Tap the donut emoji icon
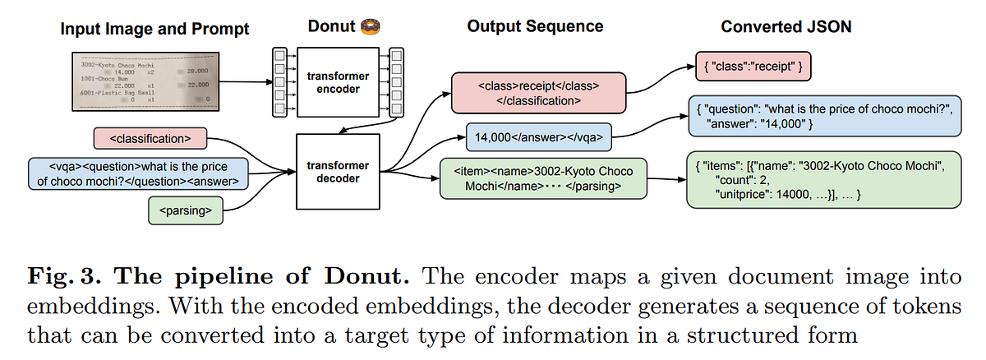click(369, 26)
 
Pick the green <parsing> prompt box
click(187, 211)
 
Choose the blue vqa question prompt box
click(138, 174)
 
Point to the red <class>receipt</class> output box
click(537, 92)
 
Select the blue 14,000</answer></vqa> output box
click(538, 136)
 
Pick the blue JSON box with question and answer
click(822, 115)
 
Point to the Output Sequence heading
click(535, 26)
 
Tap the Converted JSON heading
click(786, 26)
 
